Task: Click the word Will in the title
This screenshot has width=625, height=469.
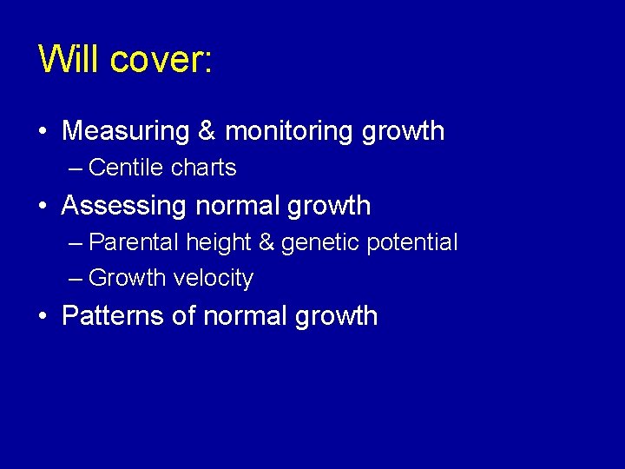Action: [71, 59]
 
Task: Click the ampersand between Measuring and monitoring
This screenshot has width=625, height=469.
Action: [207, 131]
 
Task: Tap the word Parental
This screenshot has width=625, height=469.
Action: [134, 242]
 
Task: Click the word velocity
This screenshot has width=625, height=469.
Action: [214, 279]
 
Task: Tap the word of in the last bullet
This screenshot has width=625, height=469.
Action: [183, 315]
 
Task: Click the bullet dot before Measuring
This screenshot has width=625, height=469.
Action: [43, 132]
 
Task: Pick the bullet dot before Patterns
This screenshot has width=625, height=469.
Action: [43, 316]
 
